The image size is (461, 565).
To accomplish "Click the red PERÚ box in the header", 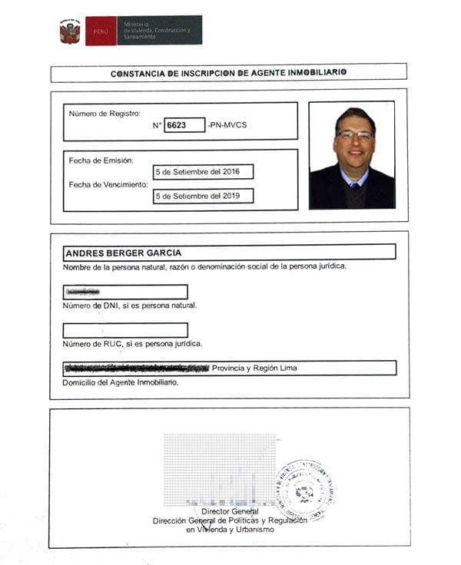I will (x=101, y=31).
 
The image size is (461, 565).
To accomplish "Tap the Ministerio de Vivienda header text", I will (x=158, y=30).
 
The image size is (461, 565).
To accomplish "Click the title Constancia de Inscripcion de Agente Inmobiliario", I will (x=228, y=73).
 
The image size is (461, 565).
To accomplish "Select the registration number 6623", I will (x=177, y=125).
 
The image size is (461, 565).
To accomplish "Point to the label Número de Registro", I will (x=104, y=114).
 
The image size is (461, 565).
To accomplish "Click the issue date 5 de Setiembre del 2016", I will (x=203, y=172).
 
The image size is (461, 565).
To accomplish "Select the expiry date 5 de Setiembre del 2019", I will (x=203, y=196).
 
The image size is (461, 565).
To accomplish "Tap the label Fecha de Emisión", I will (x=101, y=160).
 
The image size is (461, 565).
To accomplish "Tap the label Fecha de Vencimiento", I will (x=110, y=184).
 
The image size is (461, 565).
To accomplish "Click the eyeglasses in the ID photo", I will (x=355, y=135).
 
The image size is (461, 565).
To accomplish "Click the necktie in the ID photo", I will (x=353, y=186).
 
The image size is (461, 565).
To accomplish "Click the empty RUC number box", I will (x=125, y=331).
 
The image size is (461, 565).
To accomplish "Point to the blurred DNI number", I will (x=84, y=292).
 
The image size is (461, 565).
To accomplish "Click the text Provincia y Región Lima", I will (x=254, y=368).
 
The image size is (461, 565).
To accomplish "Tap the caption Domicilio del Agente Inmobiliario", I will (x=121, y=382).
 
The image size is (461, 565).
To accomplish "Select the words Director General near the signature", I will (x=230, y=511).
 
